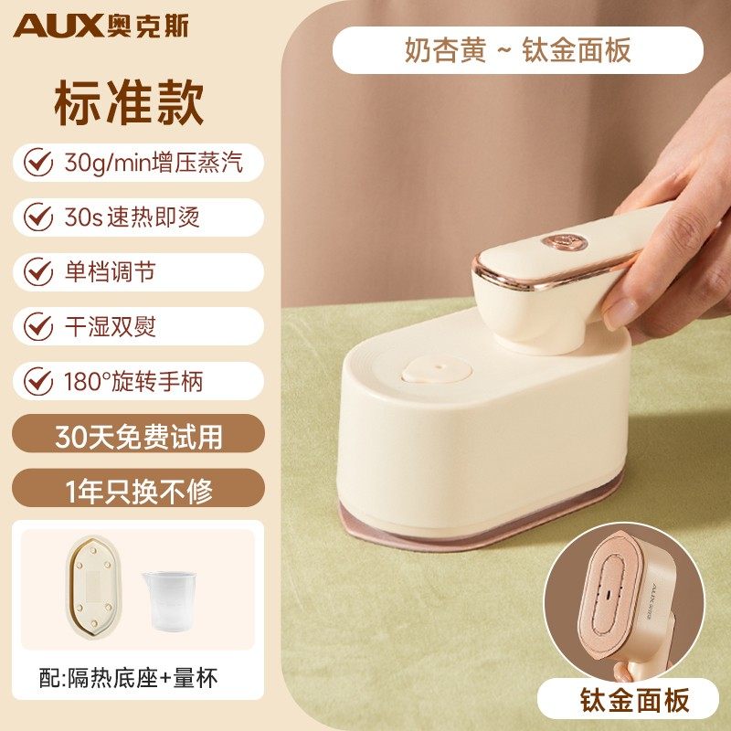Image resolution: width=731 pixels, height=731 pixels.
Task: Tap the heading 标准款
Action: click(129, 102)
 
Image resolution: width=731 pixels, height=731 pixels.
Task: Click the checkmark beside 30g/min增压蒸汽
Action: click(38, 163)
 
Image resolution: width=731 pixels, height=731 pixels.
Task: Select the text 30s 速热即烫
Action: click(132, 217)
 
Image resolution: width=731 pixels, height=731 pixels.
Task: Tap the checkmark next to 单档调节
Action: click(38, 271)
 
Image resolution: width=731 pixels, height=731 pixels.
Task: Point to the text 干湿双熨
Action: click(110, 326)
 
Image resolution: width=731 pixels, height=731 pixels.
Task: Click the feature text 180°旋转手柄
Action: click(133, 381)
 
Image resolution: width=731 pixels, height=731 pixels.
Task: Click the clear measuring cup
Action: click(169, 601)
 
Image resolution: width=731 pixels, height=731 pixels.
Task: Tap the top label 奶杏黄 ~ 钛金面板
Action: click(517, 50)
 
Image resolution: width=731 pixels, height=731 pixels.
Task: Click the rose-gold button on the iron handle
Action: click(564, 243)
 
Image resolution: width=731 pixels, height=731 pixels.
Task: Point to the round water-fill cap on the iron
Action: click(437, 370)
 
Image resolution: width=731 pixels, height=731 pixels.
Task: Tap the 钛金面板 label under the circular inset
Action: click(634, 700)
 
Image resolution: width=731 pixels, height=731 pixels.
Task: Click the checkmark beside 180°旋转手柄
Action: click(38, 381)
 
